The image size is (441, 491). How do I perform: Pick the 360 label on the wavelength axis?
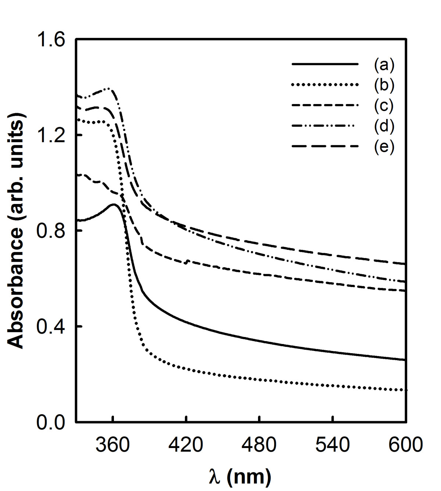click(x=113, y=445)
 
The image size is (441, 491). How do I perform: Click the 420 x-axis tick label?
click(x=186, y=445)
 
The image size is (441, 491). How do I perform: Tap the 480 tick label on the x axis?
click(x=259, y=445)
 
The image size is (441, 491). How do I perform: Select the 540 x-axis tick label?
click(x=333, y=445)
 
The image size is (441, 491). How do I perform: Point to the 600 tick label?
click(x=406, y=445)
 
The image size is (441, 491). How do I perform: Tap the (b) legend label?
click(x=384, y=85)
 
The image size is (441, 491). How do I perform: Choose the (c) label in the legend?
click(x=384, y=105)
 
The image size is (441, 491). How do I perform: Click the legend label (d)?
click(x=384, y=126)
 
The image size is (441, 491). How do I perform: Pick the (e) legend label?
click(x=384, y=146)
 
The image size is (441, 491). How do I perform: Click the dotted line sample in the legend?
click(x=325, y=85)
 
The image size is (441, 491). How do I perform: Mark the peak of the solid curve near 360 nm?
click(x=113, y=205)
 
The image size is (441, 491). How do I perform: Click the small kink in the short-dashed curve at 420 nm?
click(x=186, y=262)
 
